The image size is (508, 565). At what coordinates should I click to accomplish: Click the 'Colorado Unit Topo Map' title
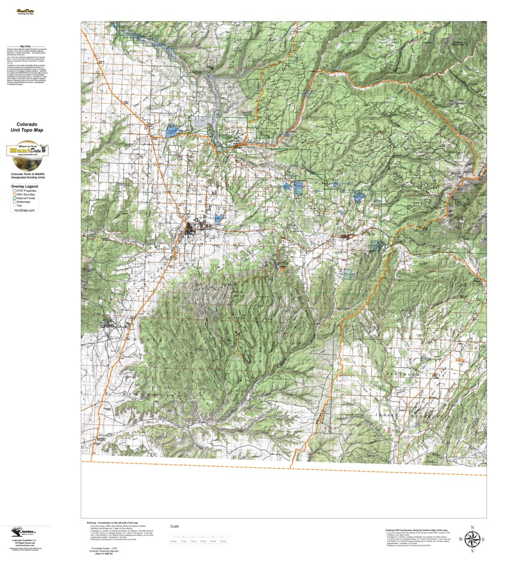pos(27,127)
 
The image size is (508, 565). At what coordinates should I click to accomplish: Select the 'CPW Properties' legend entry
pos(26,191)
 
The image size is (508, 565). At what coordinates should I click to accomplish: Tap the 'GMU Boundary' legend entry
pos(26,194)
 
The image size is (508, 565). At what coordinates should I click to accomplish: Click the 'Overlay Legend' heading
pos(25,186)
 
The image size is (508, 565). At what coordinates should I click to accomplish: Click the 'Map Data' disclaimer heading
pos(26,46)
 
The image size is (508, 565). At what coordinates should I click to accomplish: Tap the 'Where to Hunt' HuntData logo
pos(27,150)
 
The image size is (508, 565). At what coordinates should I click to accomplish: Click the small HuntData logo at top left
pos(25,12)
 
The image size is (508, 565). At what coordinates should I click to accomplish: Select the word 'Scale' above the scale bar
pos(174,526)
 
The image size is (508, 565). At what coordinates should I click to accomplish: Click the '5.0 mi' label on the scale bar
pos(223,541)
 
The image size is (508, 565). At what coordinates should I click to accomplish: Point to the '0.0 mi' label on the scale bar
pos(174,541)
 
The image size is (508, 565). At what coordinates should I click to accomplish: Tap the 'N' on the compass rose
pos(472,528)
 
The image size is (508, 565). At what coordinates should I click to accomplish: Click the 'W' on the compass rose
pos(460,539)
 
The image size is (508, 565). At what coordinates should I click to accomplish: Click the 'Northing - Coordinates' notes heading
pos(112,523)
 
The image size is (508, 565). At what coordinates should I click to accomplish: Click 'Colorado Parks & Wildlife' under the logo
pos(28,174)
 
